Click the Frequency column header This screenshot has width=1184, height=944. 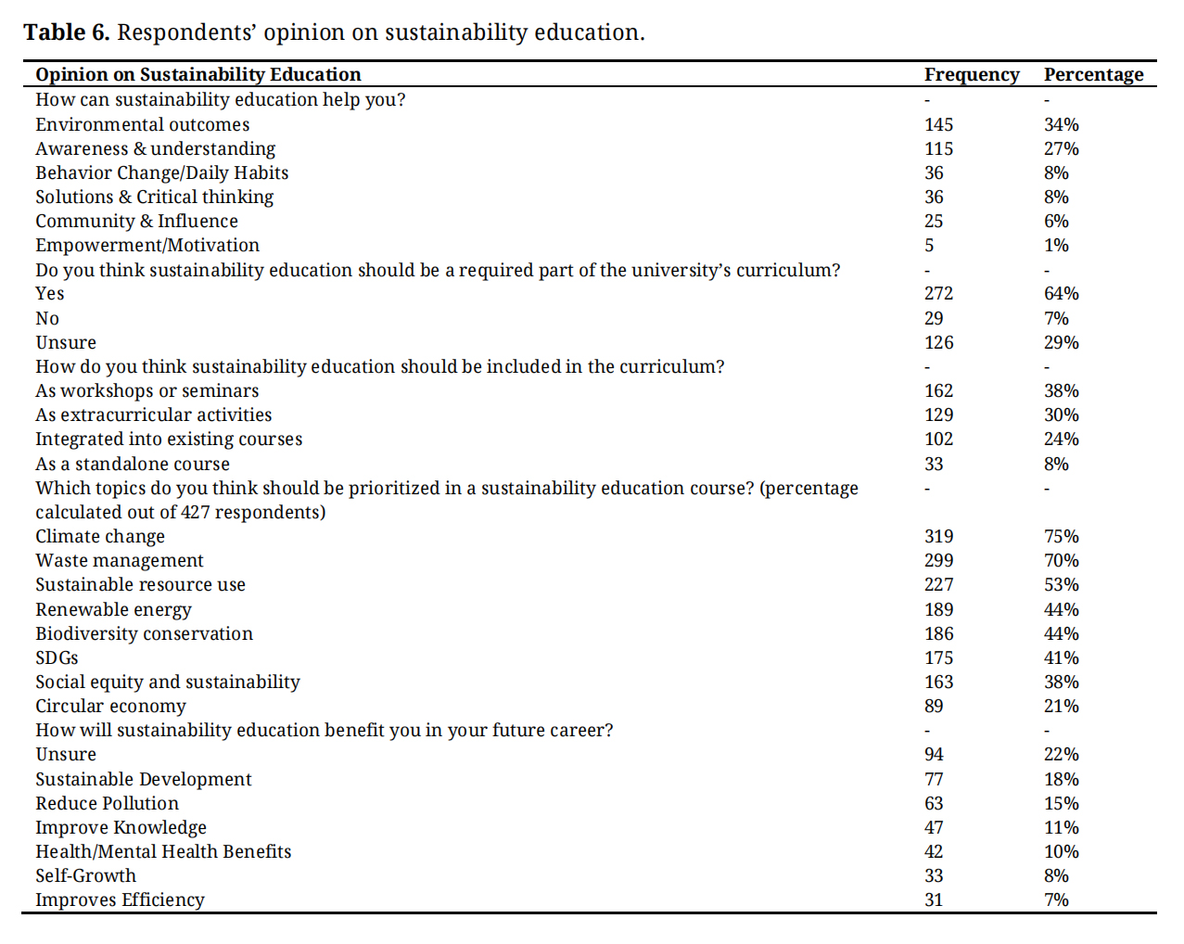(971, 75)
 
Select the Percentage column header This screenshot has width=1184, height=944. (1093, 75)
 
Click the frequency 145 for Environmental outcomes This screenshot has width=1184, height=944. (938, 124)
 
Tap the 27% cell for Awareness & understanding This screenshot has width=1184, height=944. (1061, 148)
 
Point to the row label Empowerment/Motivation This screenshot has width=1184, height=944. (147, 245)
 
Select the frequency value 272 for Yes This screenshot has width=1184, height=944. (938, 293)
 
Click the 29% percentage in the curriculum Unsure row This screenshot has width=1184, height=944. (1061, 342)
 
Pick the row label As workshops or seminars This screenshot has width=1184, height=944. (147, 390)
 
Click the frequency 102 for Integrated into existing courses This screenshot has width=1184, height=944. (938, 439)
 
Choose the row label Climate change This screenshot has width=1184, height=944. (100, 536)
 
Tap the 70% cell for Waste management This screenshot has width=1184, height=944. (1061, 560)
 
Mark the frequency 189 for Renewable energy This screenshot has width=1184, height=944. (938, 609)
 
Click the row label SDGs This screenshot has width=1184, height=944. (57, 657)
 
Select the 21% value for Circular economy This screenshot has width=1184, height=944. (1061, 706)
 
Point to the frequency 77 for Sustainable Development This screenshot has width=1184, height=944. (934, 779)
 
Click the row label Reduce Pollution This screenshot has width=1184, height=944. (108, 803)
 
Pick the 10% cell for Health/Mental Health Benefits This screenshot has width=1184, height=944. (1061, 851)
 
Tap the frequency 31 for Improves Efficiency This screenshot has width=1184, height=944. (934, 899)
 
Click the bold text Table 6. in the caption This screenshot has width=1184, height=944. (67, 32)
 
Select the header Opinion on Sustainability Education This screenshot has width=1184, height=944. (198, 75)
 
